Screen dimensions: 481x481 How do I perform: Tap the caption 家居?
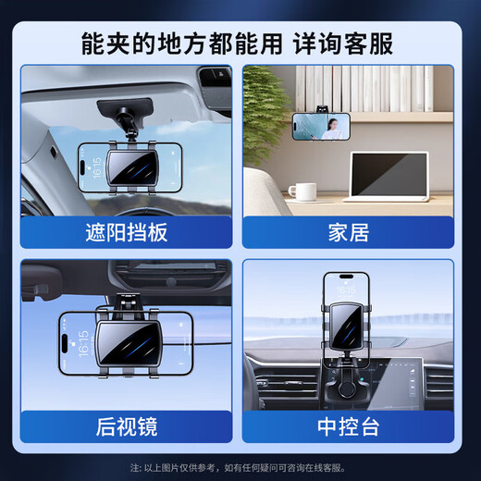[x=348, y=231]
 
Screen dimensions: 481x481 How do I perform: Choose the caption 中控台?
[x=348, y=426]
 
